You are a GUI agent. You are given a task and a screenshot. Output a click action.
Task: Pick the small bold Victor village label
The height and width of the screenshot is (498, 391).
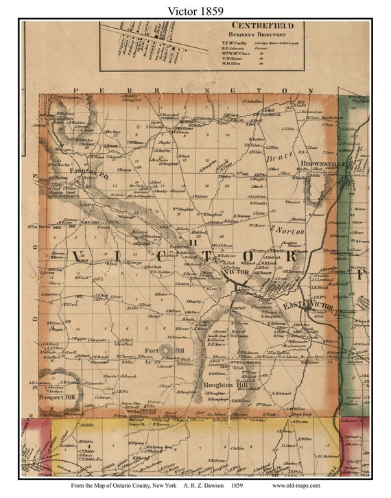237,272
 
